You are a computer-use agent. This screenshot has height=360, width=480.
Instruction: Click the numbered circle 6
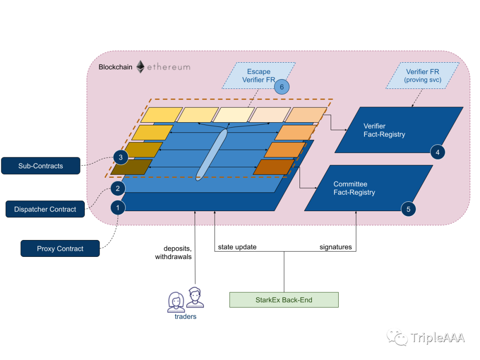[282, 87]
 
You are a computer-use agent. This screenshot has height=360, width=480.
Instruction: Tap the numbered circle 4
[437, 152]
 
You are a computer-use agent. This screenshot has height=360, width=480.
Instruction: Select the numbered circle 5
[408, 209]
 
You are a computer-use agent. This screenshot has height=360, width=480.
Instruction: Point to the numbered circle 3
[120, 157]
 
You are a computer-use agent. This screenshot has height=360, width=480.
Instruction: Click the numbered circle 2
[118, 188]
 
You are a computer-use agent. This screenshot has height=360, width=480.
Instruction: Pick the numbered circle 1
[118, 208]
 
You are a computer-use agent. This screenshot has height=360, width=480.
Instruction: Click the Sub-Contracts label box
[41, 166]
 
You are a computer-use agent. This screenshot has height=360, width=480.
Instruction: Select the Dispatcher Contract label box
[45, 209]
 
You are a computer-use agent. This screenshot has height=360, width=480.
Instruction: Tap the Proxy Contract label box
[60, 248]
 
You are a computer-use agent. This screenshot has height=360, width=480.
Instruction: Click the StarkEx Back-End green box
[284, 300]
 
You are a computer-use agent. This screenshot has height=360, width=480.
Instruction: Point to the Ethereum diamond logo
[140, 67]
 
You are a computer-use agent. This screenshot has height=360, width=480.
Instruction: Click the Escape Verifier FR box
[259, 76]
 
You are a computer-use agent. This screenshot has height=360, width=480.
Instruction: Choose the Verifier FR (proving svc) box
[423, 76]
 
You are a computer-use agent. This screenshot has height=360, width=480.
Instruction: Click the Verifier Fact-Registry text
[384, 130]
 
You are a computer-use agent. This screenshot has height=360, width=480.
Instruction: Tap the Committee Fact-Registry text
[354, 188]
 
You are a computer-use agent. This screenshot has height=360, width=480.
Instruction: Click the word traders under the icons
[185, 316]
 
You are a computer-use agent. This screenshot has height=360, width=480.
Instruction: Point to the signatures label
[336, 247]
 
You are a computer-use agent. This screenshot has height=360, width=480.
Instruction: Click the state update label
[237, 247]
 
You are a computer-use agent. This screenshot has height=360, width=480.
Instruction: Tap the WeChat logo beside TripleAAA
[397, 337]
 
